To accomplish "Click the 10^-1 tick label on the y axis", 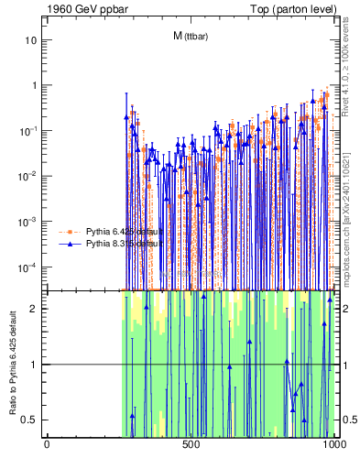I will tap(28, 131).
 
